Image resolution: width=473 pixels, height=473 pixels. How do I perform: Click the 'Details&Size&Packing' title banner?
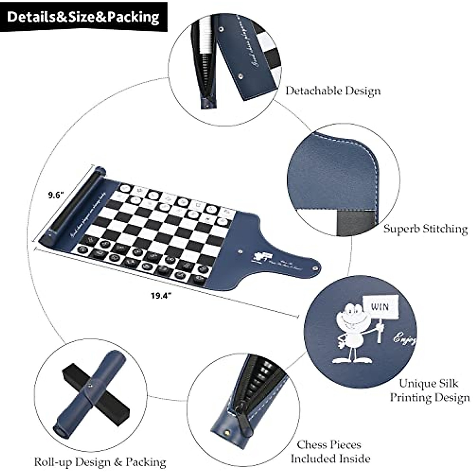click(x=84, y=17)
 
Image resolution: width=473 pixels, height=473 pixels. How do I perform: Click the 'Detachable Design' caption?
click(x=333, y=91)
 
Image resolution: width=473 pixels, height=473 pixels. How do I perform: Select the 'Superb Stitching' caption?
click(x=426, y=229)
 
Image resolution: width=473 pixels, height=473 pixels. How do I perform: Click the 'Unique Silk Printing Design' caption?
click(x=430, y=390)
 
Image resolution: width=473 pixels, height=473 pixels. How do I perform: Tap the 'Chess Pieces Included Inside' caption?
click(x=330, y=452)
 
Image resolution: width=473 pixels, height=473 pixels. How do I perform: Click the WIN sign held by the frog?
click(x=380, y=307)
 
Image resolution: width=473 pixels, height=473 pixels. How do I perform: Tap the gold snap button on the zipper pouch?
click(x=227, y=432)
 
